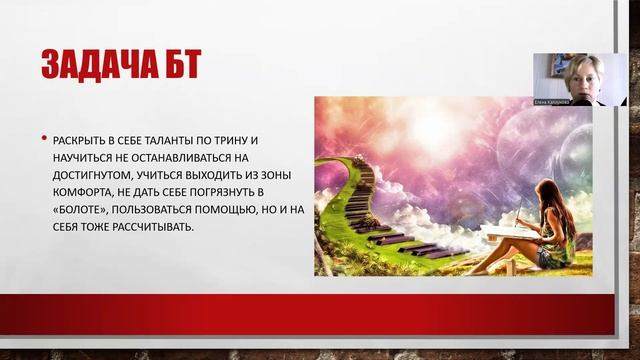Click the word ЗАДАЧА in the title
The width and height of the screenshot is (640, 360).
99,64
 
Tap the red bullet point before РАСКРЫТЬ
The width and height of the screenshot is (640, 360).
42,141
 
